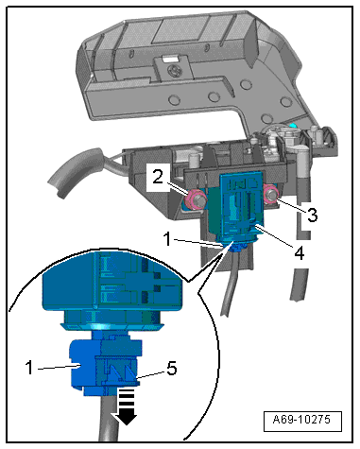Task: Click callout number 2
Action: tap(158, 177)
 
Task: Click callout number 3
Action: tap(312, 215)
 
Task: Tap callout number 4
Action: tap(300, 252)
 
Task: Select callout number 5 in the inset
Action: tap(172, 368)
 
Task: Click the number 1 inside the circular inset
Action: tap(29, 368)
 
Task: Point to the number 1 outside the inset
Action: tap(167, 239)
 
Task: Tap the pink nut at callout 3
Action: tap(271, 196)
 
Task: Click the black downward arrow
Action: tap(127, 406)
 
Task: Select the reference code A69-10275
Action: tap(302, 420)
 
